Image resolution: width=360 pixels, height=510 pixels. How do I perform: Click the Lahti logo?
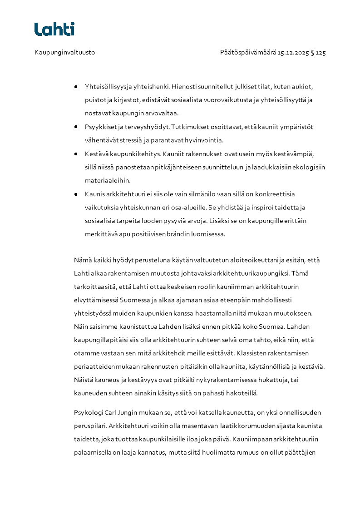click(54, 30)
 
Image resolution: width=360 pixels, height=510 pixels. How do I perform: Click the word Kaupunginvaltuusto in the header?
click(64, 53)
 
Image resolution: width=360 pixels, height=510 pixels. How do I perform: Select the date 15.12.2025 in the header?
click(293, 53)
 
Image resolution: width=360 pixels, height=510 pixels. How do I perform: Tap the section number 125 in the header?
click(321, 53)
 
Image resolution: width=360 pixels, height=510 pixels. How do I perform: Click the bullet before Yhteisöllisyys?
click(76, 86)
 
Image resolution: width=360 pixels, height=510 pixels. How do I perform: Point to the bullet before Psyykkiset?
click(76, 127)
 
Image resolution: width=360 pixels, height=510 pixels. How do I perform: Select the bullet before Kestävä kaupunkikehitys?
click(76, 154)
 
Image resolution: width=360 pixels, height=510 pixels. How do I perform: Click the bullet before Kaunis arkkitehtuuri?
click(76, 194)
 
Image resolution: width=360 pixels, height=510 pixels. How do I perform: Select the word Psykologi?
click(89, 413)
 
